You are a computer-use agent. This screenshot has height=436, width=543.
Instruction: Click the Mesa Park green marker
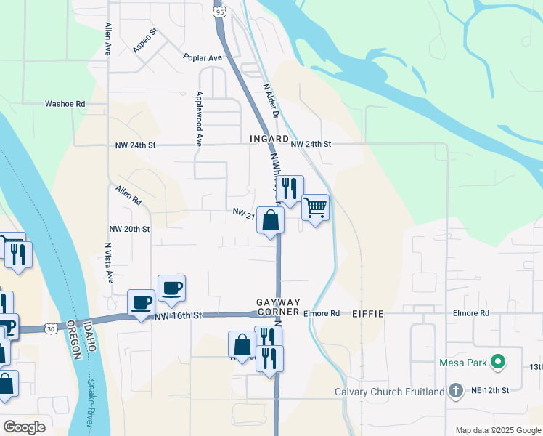[497, 361]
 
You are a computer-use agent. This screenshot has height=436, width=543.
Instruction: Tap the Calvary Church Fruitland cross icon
[455, 391]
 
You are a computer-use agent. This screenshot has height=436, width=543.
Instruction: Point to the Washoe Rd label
[65, 104]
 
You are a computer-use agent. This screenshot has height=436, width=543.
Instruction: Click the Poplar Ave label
[202, 57]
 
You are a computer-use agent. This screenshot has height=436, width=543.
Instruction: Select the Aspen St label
[144, 41]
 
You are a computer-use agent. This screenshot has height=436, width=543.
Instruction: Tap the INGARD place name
[269, 137]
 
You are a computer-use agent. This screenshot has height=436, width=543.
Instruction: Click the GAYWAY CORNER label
[278, 307]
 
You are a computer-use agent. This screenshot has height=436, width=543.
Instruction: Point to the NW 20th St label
[129, 228]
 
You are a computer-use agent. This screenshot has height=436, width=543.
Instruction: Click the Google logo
[24, 427]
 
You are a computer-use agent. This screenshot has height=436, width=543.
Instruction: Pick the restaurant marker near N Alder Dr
[290, 189]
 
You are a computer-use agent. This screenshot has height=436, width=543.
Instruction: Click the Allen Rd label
[128, 194]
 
